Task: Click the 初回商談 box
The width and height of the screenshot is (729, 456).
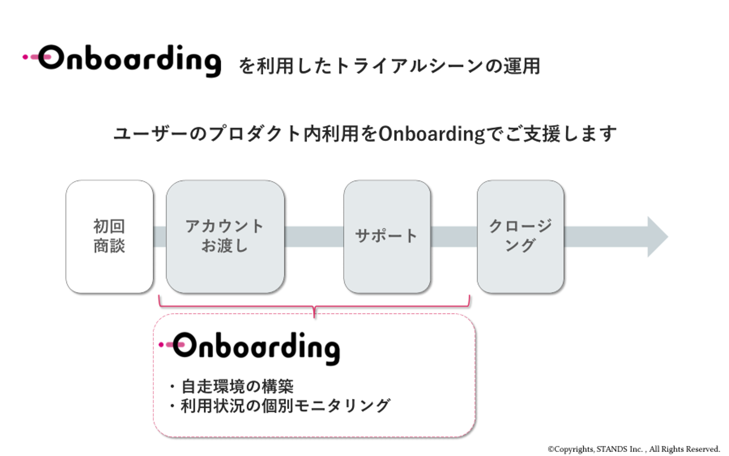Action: (109, 236)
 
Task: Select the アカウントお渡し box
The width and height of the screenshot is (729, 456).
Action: (225, 236)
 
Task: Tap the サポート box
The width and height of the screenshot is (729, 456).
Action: (387, 236)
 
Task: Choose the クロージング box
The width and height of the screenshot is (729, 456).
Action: (520, 236)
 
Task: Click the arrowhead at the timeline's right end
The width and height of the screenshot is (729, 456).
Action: (657, 237)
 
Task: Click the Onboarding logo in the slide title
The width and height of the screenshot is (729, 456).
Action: (129, 60)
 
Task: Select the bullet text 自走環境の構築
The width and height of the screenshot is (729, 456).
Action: (237, 387)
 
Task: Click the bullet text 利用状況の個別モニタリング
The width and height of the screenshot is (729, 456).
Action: (285, 406)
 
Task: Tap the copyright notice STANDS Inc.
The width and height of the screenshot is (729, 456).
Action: (633, 449)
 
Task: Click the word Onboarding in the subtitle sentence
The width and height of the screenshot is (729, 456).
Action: (431, 134)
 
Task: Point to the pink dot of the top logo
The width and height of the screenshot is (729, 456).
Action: (25, 57)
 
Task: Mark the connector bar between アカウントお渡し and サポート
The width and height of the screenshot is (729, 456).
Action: (314, 236)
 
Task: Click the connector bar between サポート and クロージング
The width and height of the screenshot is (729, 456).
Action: (454, 236)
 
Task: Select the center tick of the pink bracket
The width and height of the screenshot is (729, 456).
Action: (314, 311)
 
